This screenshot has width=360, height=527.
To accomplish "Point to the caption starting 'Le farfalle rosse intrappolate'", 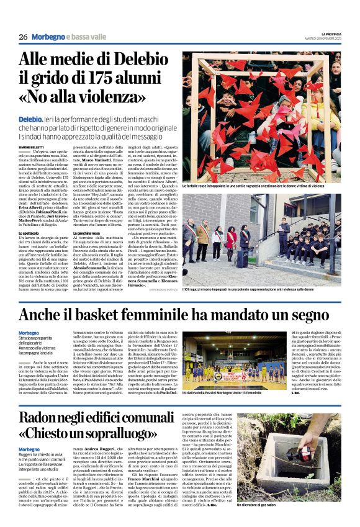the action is [x=261, y=186].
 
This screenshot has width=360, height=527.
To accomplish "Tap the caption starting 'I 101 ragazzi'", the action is [x=261, y=291].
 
